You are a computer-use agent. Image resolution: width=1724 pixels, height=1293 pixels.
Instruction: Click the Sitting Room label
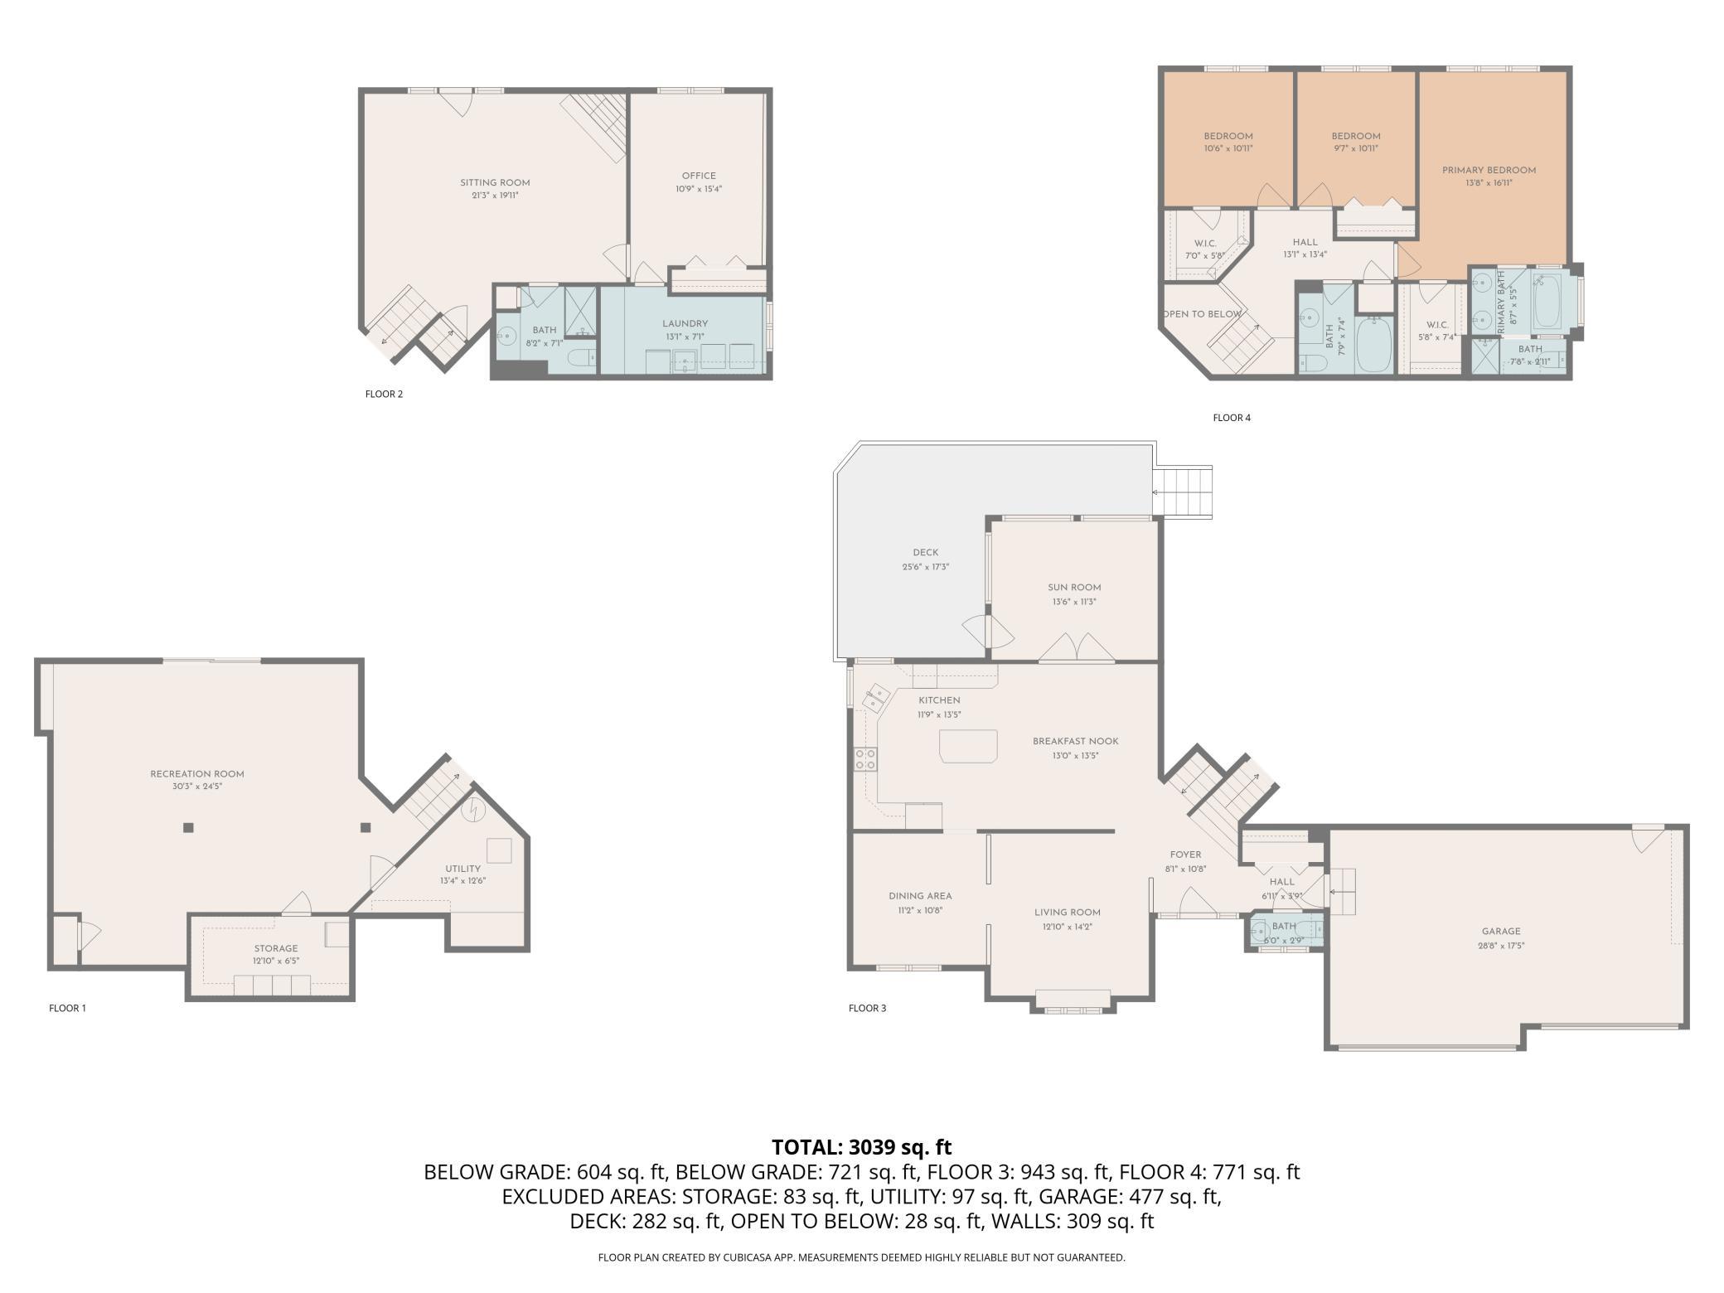(495, 183)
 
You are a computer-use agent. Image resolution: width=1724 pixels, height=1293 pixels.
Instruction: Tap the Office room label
(699, 176)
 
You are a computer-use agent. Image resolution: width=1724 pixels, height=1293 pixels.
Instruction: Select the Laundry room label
(685, 324)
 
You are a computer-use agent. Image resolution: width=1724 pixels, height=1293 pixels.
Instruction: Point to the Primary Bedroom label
(1489, 171)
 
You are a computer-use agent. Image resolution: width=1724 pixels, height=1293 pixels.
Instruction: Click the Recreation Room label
(197, 774)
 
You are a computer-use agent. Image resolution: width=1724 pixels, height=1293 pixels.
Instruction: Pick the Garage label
(1501, 932)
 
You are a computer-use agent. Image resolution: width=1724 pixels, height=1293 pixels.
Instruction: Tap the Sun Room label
(1074, 588)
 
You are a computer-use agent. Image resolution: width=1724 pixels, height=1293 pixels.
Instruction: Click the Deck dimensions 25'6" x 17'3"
(925, 567)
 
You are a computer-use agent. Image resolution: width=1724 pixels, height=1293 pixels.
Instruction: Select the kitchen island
(968, 746)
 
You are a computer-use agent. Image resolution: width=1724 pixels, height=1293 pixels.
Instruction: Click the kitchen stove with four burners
(866, 759)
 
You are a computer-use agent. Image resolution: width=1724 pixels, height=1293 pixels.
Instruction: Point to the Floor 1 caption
(67, 1009)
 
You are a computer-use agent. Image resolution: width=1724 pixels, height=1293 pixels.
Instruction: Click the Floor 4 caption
(1232, 418)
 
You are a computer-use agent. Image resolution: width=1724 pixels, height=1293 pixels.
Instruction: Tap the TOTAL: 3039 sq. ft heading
(862, 1147)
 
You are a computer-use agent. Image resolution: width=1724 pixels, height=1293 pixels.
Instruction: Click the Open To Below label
(1202, 314)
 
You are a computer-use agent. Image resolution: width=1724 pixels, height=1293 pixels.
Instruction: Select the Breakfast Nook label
(1075, 742)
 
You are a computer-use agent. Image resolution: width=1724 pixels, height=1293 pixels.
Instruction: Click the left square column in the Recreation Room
(188, 827)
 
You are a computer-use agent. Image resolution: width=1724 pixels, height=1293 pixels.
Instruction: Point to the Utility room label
(462, 869)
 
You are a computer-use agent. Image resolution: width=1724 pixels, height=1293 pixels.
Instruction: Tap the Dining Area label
(920, 896)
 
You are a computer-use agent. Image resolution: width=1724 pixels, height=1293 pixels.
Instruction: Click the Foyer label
(1185, 855)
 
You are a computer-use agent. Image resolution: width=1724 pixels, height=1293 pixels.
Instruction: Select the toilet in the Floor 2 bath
(583, 359)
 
